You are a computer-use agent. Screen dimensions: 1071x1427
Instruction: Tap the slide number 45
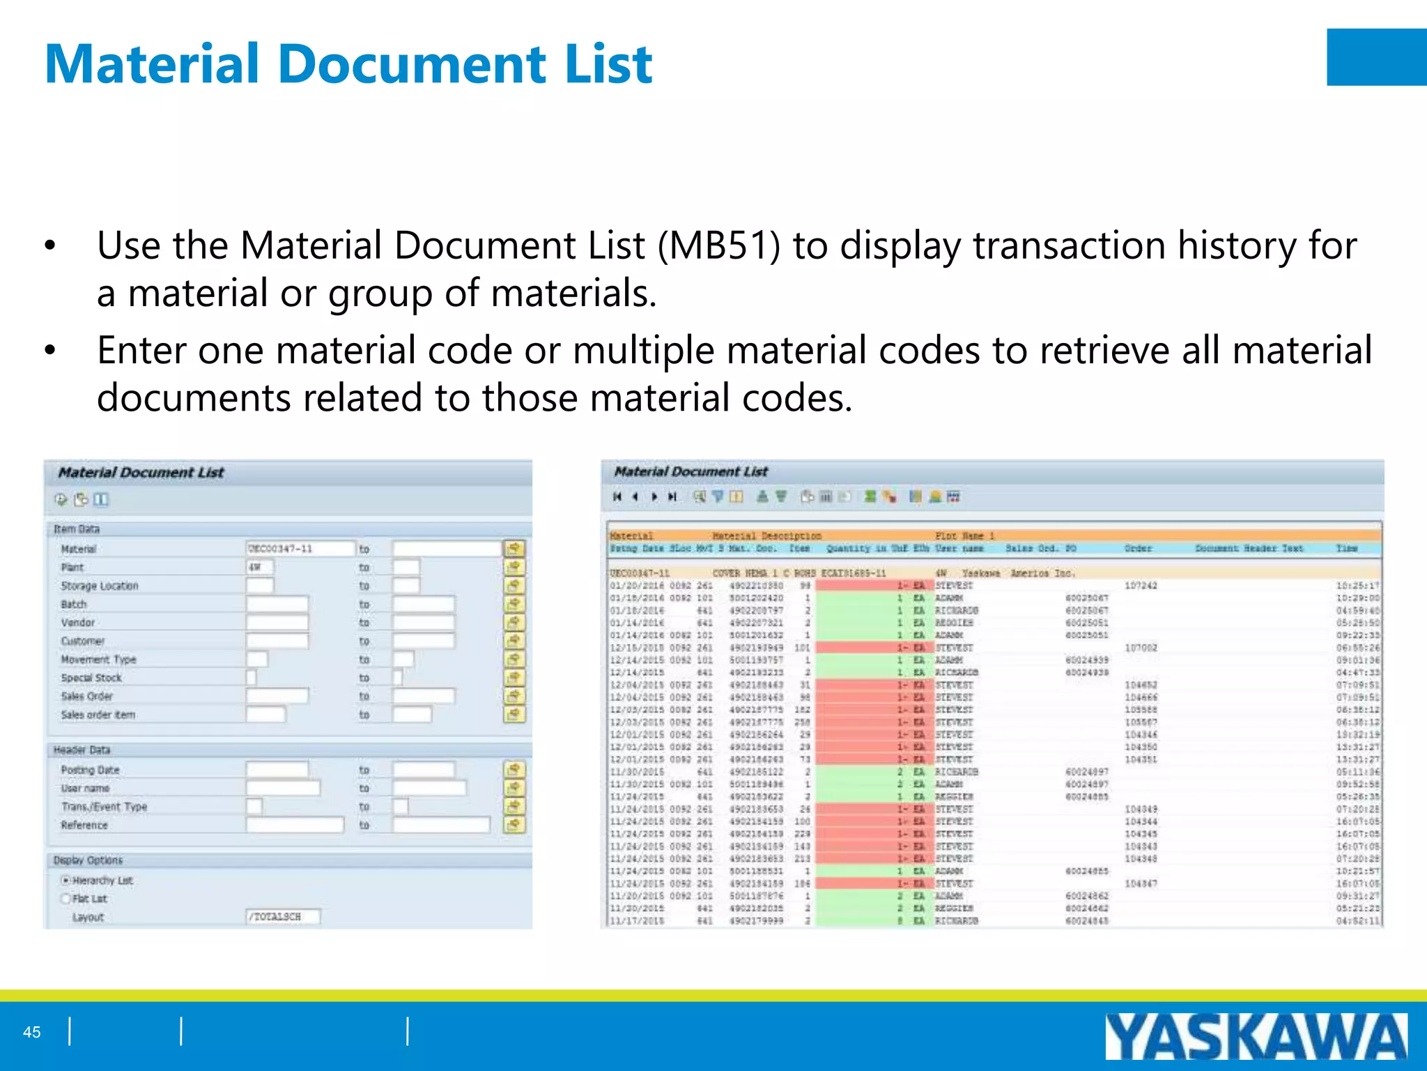pyautogui.click(x=32, y=1032)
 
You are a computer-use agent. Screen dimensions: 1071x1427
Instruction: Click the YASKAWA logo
pyautogui.click(x=1256, y=1036)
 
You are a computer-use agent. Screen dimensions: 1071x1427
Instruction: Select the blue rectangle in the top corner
pyautogui.click(x=1376, y=57)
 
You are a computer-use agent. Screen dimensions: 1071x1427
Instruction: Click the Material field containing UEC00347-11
pyautogui.click(x=300, y=549)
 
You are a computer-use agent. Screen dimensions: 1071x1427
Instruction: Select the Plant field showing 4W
pyautogui.click(x=259, y=567)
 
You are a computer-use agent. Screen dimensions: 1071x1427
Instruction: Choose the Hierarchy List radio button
pyautogui.click(x=66, y=881)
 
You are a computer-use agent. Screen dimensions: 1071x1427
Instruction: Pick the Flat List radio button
pyautogui.click(x=66, y=899)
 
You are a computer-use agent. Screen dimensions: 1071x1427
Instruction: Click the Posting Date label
pyautogui.click(x=90, y=770)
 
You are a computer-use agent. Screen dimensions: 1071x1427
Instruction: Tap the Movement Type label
pyautogui.click(x=98, y=660)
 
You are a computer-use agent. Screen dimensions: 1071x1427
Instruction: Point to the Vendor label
pyautogui.click(x=77, y=623)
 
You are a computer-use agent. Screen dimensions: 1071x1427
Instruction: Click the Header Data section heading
pyautogui.click(x=82, y=750)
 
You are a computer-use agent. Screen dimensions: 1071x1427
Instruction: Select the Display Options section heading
pyautogui.click(x=88, y=860)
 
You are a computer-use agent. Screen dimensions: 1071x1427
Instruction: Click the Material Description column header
pyautogui.click(x=766, y=536)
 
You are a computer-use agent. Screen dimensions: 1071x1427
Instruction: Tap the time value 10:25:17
pyautogui.click(x=1357, y=586)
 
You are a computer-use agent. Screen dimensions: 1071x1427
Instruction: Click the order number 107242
pyautogui.click(x=1141, y=586)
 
